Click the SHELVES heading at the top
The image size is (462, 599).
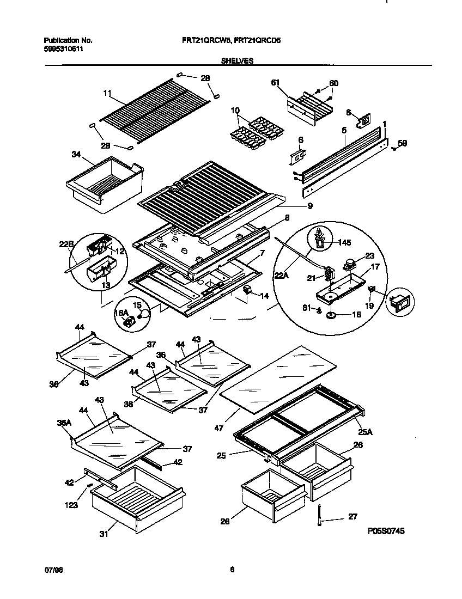[x=237, y=62]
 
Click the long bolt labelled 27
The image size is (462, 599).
[x=318, y=516]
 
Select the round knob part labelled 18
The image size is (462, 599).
[x=332, y=315]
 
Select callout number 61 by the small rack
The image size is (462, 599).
[x=275, y=82]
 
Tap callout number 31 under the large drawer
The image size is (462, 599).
[x=104, y=534]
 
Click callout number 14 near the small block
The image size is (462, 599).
[x=265, y=296]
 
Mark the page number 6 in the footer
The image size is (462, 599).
[x=232, y=570]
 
